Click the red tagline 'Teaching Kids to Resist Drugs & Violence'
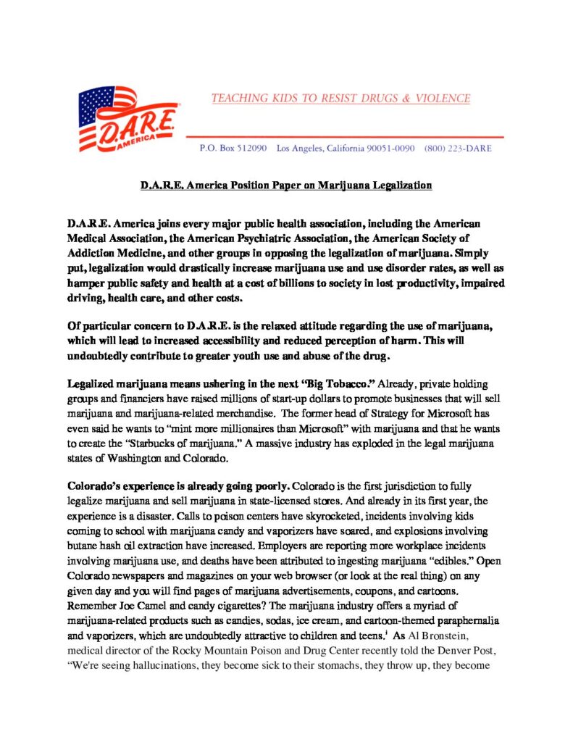340,99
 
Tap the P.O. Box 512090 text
233,149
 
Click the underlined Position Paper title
286,185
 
